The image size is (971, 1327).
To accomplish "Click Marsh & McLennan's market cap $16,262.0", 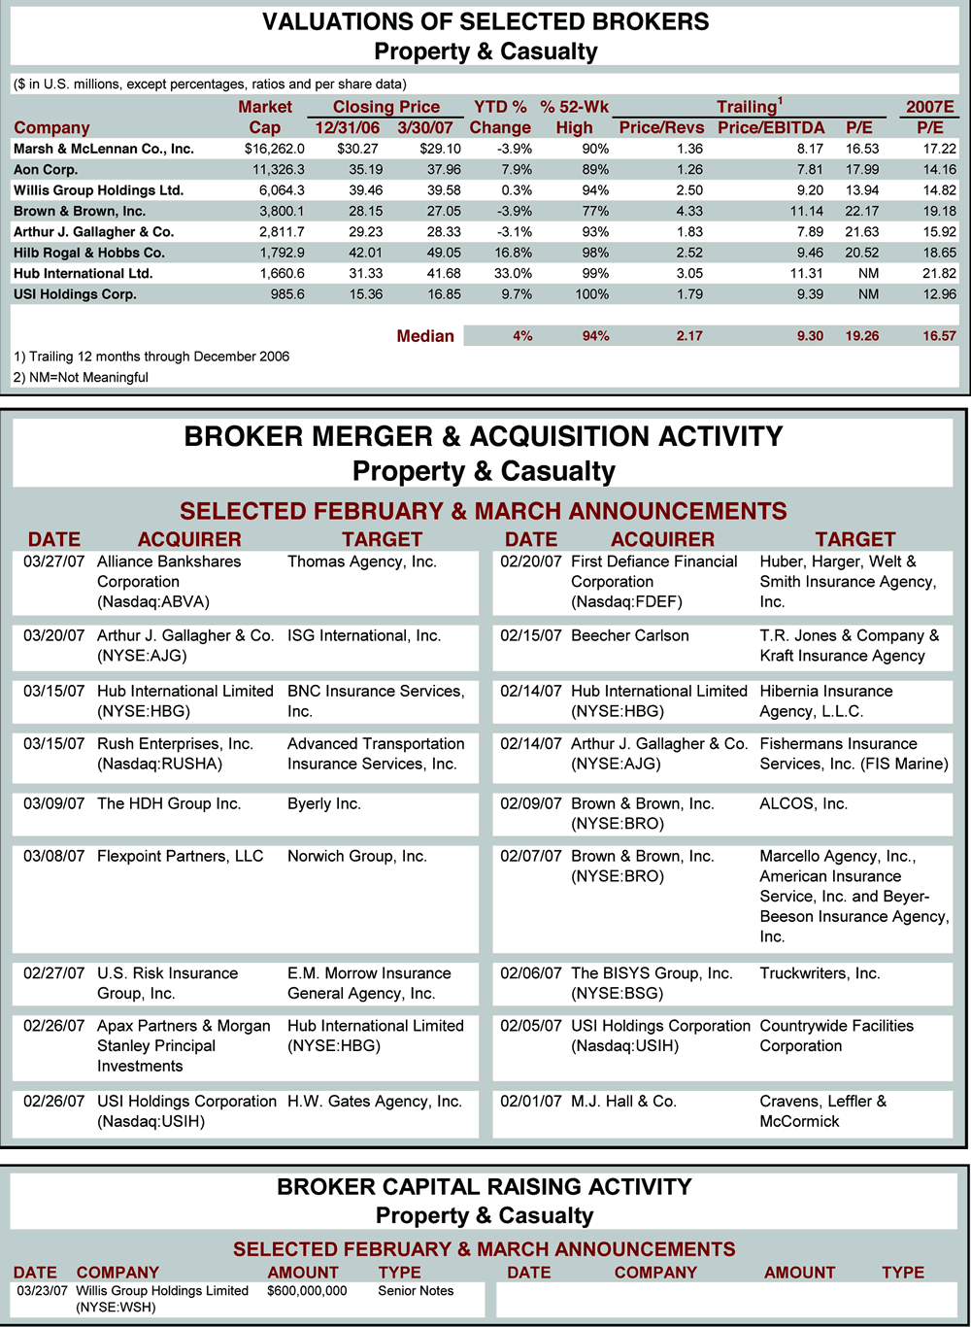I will pyautogui.click(x=274, y=149).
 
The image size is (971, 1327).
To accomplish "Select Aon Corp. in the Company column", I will pyautogui.click(x=46, y=169).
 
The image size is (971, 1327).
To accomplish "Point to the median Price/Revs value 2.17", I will pyautogui.click(x=689, y=336).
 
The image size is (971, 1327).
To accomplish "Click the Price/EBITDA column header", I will pyautogui.click(x=771, y=127).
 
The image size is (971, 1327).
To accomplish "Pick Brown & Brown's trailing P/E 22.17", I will pyautogui.click(x=861, y=211).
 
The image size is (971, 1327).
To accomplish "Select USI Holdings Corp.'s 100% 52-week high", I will pyautogui.click(x=591, y=293).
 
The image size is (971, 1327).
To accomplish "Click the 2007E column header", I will pyautogui.click(x=929, y=107).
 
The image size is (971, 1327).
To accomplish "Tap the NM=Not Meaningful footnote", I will pyautogui.click(x=81, y=377).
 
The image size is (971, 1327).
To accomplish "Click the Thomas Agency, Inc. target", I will pyautogui.click(x=362, y=561).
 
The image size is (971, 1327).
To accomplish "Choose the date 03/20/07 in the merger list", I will pyautogui.click(x=54, y=635).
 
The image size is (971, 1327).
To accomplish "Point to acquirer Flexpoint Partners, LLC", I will pyautogui.click(x=181, y=856).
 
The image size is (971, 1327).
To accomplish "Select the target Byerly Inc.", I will pyautogui.click(x=324, y=803).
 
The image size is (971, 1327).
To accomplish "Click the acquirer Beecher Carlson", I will pyautogui.click(x=630, y=635).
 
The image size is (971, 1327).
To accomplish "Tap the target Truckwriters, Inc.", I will pyautogui.click(x=820, y=972).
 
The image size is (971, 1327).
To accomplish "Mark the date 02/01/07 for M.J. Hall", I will pyautogui.click(x=531, y=1101).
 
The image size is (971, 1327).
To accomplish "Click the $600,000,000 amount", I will pyautogui.click(x=307, y=1291).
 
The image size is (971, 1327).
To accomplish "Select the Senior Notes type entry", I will pyautogui.click(x=416, y=1291).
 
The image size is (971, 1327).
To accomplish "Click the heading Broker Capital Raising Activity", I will pyautogui.click(x=485, y=1186).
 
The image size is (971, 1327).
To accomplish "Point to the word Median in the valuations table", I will pyautogui.click(x=425, y=336).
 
